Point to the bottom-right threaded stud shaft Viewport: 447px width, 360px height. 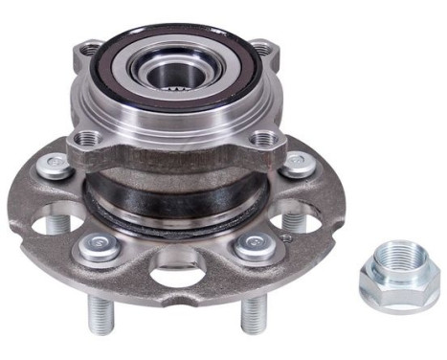click(x=255, y=308)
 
